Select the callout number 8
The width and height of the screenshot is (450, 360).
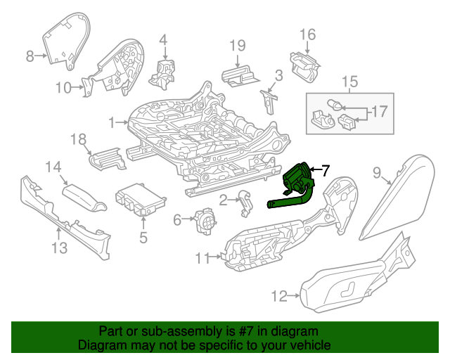click(30, 57)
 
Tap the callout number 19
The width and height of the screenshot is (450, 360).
click(238, 46)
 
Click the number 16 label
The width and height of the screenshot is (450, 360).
click(308, 34)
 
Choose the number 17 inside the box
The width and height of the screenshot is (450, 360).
click(379, 111)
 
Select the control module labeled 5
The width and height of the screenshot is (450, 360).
click(138, 198)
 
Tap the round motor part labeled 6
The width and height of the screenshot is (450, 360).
click(205, 221)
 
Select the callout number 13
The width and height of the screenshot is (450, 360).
click(59, 247)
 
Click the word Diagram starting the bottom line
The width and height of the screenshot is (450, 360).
click(102, 345)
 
